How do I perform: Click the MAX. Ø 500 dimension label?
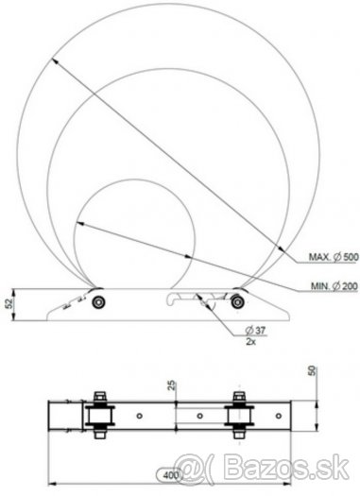(334, 257)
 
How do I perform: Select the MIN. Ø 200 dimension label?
(334, 286)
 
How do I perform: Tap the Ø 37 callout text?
(255, 331)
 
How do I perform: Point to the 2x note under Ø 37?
(250, 341)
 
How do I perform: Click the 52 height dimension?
(9, 303)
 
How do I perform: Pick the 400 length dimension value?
(171, 475)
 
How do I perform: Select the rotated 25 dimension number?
(172, 385)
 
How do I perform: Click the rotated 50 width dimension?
(312, 371)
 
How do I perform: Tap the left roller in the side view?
(98, 302)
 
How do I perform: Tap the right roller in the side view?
(237, 301)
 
